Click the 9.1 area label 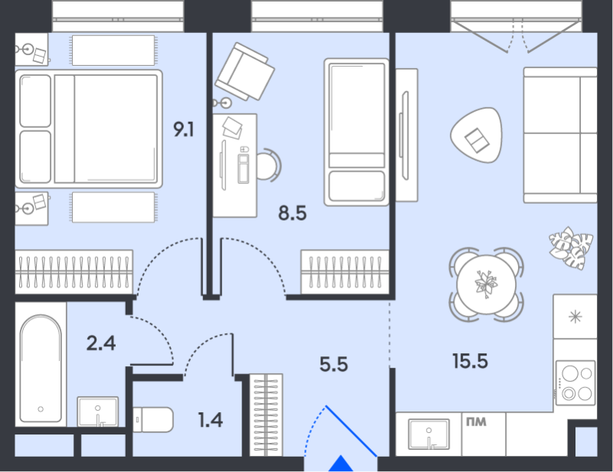point(184,129)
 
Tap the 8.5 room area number point(293,214)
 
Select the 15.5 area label point(470,361)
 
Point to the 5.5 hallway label point(333,365)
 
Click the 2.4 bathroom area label point(101,343)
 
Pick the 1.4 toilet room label point(210,420)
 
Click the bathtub point(41,369)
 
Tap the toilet point(152,420)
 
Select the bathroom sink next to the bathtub point(98,411)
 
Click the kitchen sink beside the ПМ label point(429,434)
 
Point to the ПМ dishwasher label point(476,422)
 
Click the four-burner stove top point(575,383)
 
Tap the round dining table point(487,284)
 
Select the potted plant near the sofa point(571,248)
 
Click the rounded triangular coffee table point(476,136)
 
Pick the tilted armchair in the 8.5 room point(244,71)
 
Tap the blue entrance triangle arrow point(341,464)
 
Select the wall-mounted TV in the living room point(405,136)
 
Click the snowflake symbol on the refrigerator point(575,316)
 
